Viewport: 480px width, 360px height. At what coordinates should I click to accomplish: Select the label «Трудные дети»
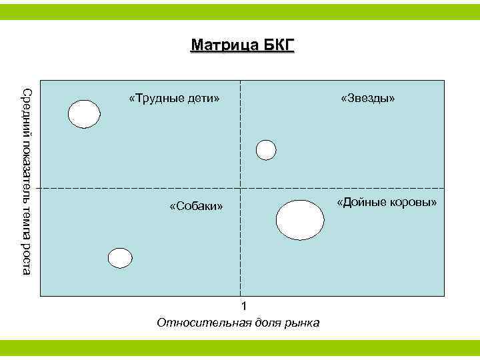pos(174,99)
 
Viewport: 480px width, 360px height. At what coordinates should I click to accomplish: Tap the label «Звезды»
pos(367,99)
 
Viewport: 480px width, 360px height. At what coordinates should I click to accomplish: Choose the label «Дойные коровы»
pos(387,202)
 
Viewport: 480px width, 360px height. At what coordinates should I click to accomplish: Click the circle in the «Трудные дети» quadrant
pos(85,114)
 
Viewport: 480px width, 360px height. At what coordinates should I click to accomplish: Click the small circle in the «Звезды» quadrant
pos(266,150)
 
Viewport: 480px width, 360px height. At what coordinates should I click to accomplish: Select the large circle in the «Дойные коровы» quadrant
pos(300,219)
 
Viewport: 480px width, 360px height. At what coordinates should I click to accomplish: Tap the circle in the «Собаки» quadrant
pos(121,258)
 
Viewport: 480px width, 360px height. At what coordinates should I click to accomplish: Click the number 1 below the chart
pos(244,307)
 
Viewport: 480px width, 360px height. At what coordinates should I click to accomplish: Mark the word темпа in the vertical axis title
pos(25,221)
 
